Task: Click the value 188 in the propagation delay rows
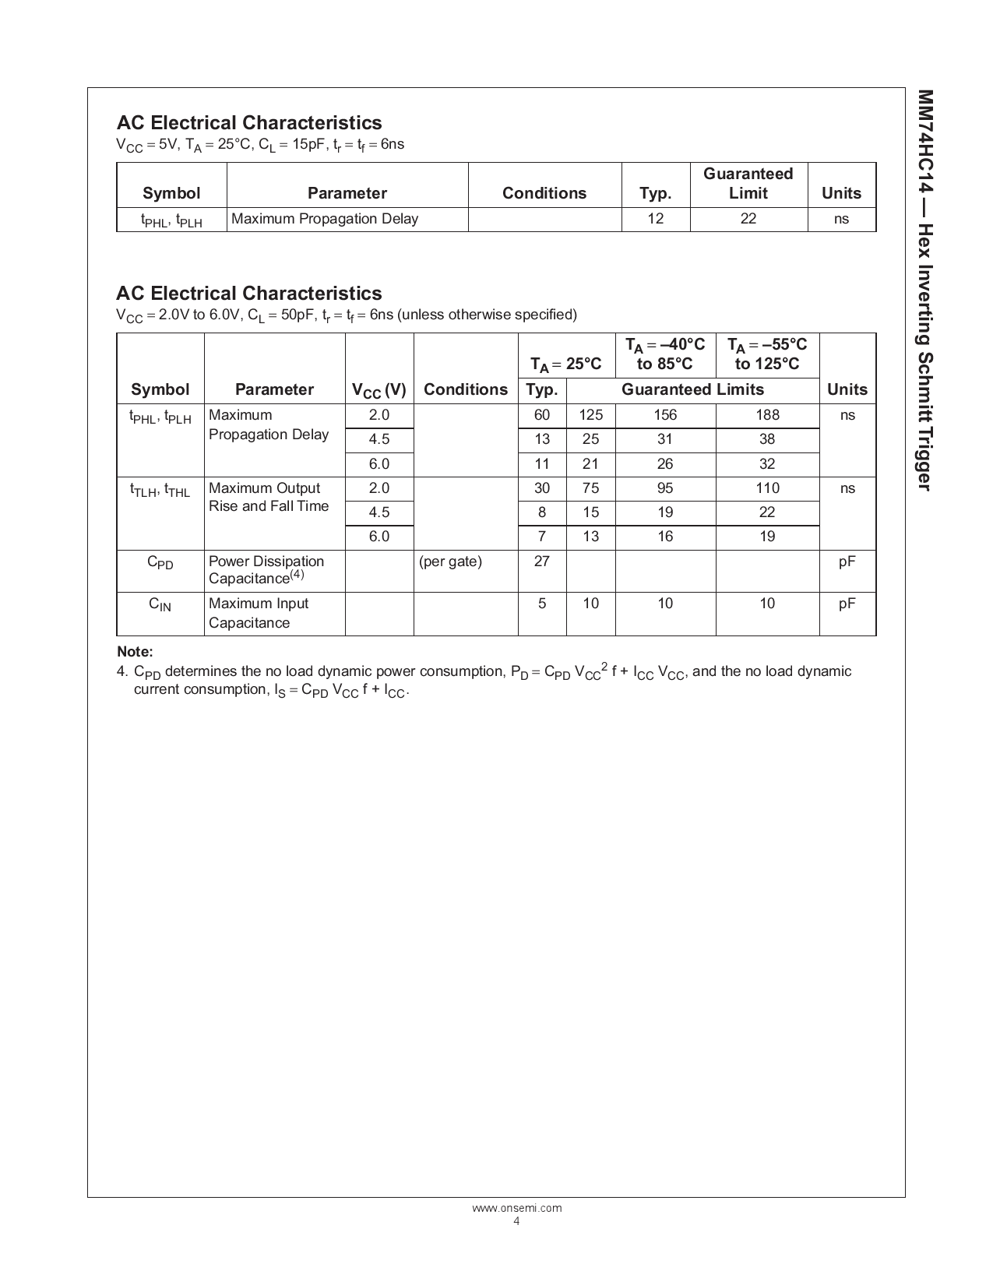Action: [767, 415]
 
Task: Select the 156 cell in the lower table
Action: [665, 415]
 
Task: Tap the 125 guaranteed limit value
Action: [591, 415]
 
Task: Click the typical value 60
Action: [542, 415]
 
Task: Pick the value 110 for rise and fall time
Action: [767, 488]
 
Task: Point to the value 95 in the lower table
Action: [665, 488]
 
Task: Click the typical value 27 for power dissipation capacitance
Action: [542, 562]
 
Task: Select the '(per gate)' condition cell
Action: [450, 562]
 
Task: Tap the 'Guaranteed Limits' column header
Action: [692, 389]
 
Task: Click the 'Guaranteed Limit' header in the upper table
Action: [748, 184]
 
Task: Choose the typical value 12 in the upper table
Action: [656, 219]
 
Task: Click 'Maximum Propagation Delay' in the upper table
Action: [325, 219]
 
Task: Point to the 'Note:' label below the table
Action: [135, 652]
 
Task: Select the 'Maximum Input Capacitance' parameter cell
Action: [259, 613]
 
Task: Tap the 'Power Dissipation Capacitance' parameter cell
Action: [266, 570]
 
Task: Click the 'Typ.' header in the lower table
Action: [542, 389]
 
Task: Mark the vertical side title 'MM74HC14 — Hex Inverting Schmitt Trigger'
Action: [924, 290]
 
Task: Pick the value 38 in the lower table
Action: [767, 439]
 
